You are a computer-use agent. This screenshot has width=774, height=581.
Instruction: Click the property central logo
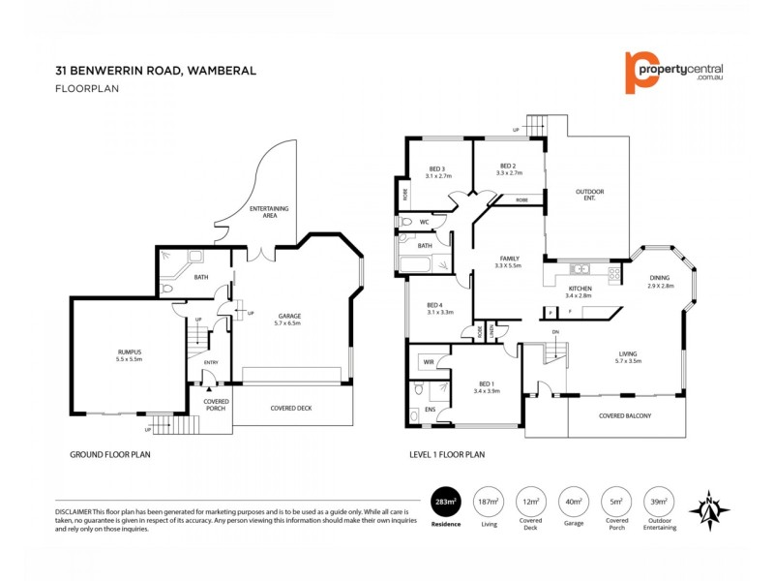point(673,72)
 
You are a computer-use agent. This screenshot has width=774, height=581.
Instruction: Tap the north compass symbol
point(715,506)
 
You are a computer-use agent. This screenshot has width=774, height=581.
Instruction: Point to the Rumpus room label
point(130,354)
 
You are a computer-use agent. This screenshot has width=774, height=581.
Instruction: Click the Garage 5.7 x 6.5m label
point(289,320)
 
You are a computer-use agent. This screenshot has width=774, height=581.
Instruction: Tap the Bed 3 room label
point(438,172)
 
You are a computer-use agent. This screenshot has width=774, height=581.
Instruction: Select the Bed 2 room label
point(509,168)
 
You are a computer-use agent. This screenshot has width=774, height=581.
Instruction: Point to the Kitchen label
point(580,291)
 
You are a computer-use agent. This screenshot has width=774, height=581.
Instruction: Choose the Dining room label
point(661,282)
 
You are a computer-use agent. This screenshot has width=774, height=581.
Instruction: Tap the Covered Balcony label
point(625,416)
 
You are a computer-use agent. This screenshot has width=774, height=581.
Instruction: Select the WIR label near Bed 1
point(427,362)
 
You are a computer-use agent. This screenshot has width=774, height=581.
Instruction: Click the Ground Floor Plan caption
point(110,453)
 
